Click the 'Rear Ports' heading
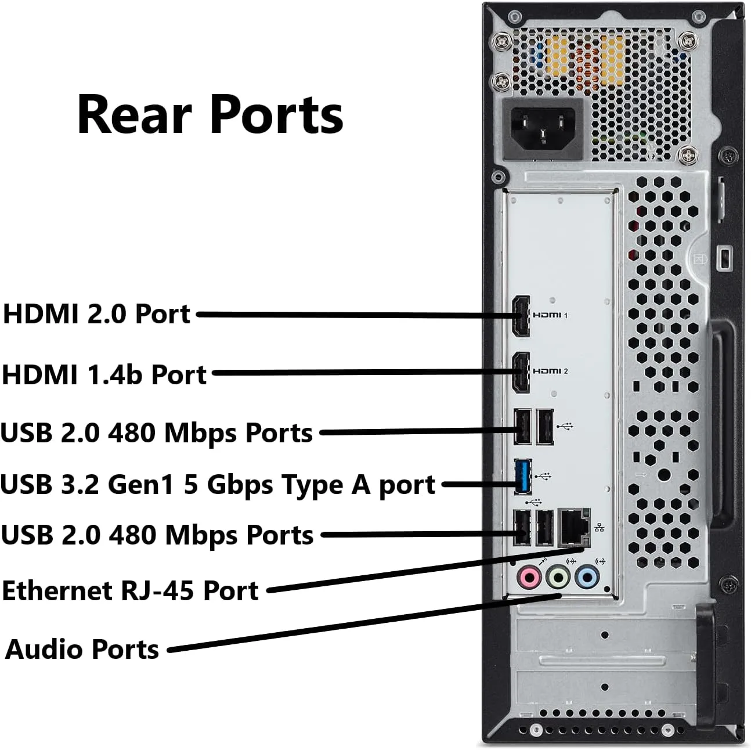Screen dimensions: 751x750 pyautogui.click(x=210, y=114)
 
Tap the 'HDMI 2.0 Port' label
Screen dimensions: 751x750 pyautogui.click(x=97, y=313)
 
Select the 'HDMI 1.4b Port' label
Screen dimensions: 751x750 pyautogui.click(x=104, y=374)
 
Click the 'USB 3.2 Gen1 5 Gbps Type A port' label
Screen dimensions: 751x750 pyautogui.click(x=218, y=484)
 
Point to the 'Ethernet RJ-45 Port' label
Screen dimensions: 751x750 pyautogui.click(x=130, y=590)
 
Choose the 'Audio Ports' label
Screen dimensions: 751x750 pyautogui.click(x=82, y=649)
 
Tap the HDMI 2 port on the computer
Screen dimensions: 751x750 pyautogui.click(x=521, y=372)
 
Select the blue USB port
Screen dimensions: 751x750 pyautogui.click(x=522, y=477)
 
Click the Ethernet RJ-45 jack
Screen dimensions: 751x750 pyautogui.click(x=574, y=528)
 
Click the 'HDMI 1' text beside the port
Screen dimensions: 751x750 pyautogui.click(x=550, y=315)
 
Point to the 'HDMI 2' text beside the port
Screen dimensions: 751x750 pyautogui.click(x=550, y=371)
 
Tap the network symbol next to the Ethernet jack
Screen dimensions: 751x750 pyautogui.click(x=600, y=528)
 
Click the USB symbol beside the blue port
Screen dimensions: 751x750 pyautogui.click(x=543, y=477)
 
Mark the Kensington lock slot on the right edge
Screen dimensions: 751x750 pyautogui.click(x=724, y=257)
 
